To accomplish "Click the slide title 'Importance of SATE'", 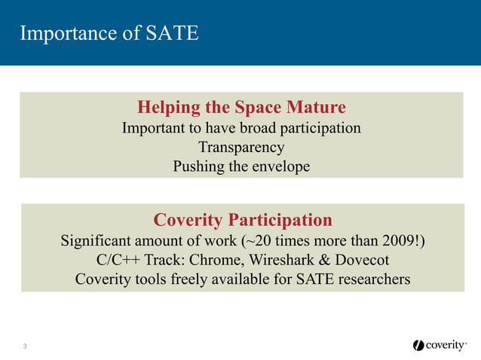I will pos(109,33).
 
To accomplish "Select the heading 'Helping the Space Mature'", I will pos(241,106).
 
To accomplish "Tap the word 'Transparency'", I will pos(241,147).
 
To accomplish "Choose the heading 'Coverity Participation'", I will pos(242,220).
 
